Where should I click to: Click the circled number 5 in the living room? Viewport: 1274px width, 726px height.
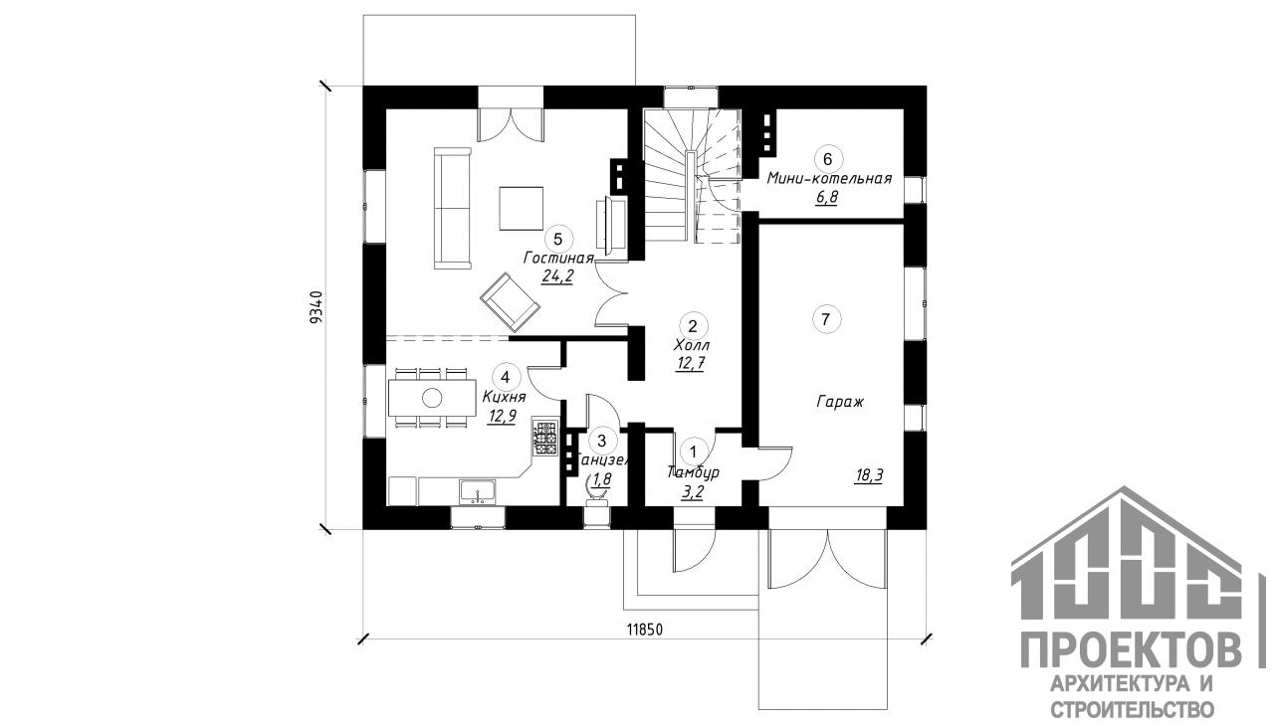tap(557, 238)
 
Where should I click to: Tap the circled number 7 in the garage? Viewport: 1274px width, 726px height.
tap(825, 318)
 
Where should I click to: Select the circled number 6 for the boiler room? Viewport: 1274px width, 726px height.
tap(827, 158)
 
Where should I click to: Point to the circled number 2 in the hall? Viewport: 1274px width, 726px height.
tap(692, 324)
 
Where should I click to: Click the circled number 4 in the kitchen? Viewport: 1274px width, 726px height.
tap(506, 377)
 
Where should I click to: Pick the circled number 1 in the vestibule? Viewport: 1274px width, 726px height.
tap(695, 451)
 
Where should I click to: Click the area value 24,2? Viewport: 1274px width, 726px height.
tap(557, 277)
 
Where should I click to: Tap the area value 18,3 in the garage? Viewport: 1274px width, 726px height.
tap(868, 475)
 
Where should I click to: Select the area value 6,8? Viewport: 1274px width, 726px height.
tap(826, 198)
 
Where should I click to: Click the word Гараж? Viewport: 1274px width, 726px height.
tap(839, 404)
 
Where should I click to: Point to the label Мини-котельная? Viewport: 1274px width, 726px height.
tap(828, 179)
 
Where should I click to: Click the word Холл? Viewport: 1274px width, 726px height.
tap(691, 344)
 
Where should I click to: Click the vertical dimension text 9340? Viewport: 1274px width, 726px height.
tap(316, 306)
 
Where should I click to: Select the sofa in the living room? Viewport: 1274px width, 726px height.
tap(452, 208)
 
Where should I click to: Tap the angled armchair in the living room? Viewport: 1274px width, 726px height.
tap(510, 302)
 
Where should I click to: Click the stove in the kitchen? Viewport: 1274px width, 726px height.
tap(545, 439)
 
